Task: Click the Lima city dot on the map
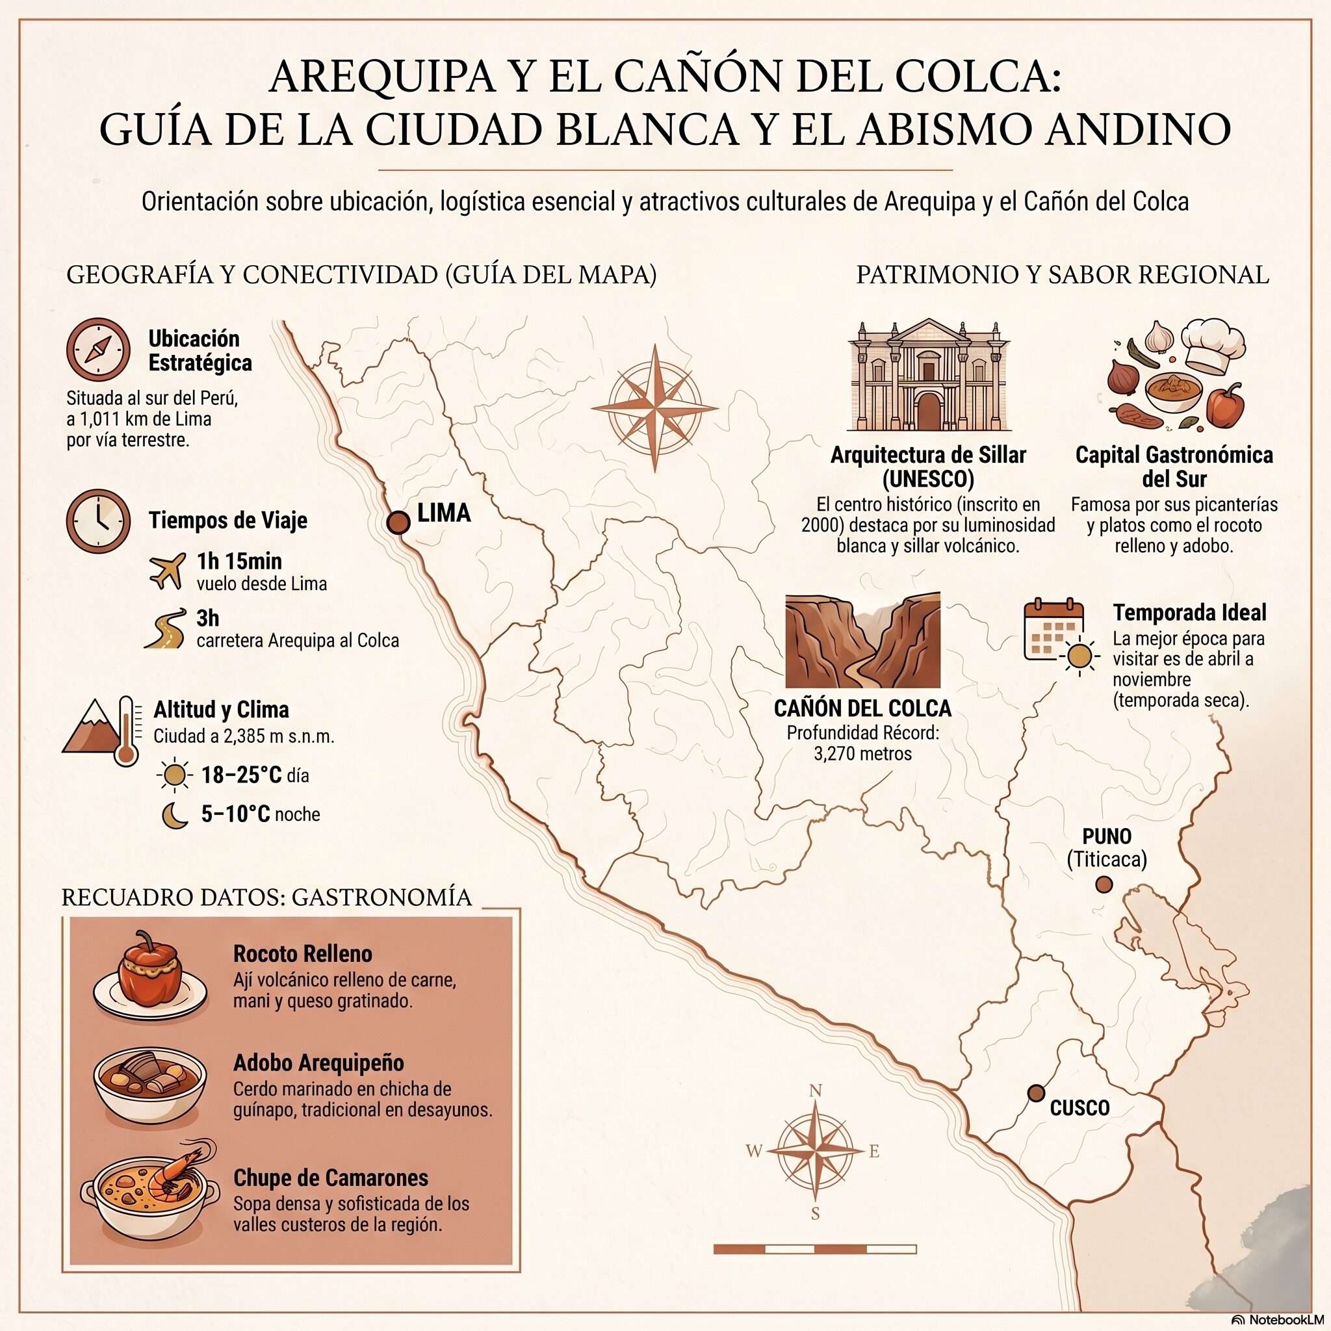398,523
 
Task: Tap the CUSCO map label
1079,1108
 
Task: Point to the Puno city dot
1104,884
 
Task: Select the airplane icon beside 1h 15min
168,571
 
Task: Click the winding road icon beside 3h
166,629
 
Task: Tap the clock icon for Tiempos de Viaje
99,521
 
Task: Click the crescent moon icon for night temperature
175,815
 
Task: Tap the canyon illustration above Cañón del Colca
862,640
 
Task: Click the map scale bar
815,1249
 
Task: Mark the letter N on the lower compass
815,1091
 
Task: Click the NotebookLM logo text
1281,1319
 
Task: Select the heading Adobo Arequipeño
318,1063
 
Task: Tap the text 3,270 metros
862,754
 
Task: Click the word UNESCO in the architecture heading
928,479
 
